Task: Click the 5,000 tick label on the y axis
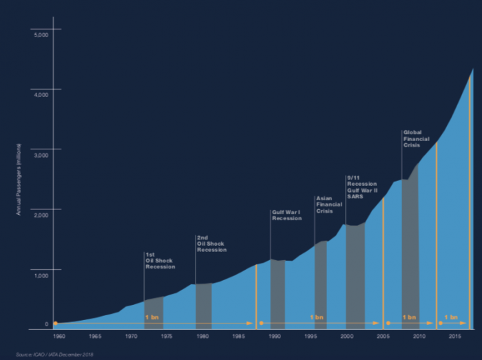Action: pyautogui.click(x=41, y=34)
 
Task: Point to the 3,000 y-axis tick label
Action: pyautogui.click(x=41, y=156)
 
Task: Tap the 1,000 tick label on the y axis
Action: pyautogui.click(x=41, y=275)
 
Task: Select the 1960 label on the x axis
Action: pyautogui.click(x=59, y=336)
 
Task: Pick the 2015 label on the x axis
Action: pyautogui.click(x=454, y=336)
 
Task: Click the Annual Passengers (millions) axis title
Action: pyautogui.click(x=19, y=179)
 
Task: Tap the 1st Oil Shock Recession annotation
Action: pyautogui.click(x=160, y=261)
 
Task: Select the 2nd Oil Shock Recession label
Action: pyautogui.click(x=211, y=244)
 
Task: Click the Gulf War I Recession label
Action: pyautogui.click(x=286, y=215)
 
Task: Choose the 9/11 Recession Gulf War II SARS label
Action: pyautogui.click(x=362, y=187)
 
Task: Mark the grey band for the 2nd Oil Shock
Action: pyautogui.click(x=204, y=306)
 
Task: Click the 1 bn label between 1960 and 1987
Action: pyautogui.click(x=152, y=317)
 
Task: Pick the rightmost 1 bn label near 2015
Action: pyautogui.click(x=450, y=317)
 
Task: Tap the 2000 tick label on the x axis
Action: pyautogui.click(x=346, y=336)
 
